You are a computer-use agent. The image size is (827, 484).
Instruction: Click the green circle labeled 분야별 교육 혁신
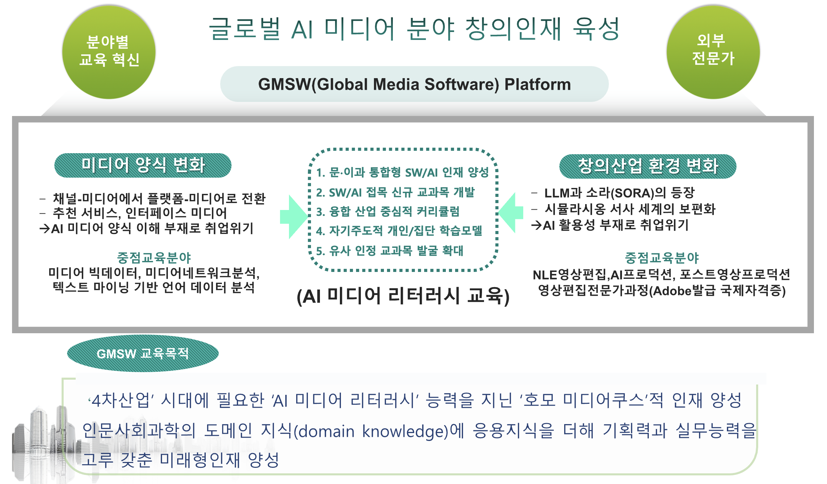click(109, 52)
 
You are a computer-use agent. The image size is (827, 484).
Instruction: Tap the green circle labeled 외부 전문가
click(713, 52)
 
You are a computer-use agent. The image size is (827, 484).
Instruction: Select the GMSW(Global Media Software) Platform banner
click(414, 84)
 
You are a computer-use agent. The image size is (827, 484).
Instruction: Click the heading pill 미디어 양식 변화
click(143, 165)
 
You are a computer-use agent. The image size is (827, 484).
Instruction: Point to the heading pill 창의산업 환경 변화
click(648, 166)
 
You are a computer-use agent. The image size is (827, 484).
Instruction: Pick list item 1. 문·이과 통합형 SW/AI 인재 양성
click(402, 172)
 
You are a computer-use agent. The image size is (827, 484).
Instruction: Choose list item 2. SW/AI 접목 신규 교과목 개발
click(396, 192)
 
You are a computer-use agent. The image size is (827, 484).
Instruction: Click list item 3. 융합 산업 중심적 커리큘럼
click(388, 211)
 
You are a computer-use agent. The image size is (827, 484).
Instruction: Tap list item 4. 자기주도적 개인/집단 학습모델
click(399, 231)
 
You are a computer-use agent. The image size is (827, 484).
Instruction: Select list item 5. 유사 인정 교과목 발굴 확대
click(390, 251)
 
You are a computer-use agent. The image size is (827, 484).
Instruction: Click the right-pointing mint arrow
click(294, 217)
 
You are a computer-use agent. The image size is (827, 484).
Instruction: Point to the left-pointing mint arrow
click(511, 212)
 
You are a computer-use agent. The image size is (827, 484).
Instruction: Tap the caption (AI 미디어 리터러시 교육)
click(403, 296)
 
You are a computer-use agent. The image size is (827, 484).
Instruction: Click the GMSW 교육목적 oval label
click(143, 353)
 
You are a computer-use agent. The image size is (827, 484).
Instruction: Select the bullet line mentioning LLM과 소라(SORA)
click(613, 193)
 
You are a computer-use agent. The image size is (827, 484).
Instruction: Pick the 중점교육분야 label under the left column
click(154, 257)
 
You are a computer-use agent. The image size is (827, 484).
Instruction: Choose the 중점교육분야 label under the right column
click(662, 257)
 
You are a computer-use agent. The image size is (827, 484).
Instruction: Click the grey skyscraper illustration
click(45, 444)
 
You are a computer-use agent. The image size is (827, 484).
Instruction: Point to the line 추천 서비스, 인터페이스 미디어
click(133, 213)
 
